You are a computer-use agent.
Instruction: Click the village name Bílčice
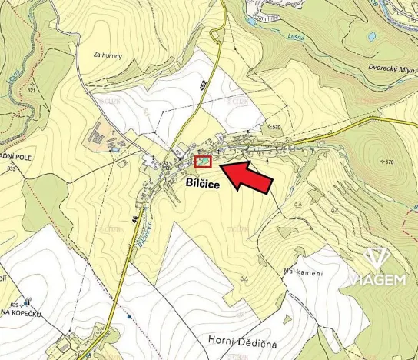202,184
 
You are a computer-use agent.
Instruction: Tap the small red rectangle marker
203,161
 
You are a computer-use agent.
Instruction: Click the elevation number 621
32,90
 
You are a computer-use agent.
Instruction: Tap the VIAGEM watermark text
378,280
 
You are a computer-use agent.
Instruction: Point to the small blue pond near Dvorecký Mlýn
372,36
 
